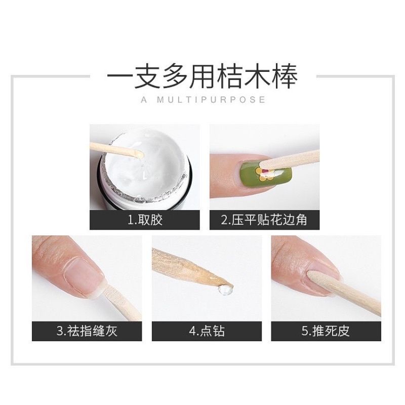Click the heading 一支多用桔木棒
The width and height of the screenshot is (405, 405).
click(202, 77)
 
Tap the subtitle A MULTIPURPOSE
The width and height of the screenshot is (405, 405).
click(202, 100)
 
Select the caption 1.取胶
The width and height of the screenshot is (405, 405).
click(145, 220)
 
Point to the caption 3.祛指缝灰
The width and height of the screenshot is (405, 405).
click(86, 332)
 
